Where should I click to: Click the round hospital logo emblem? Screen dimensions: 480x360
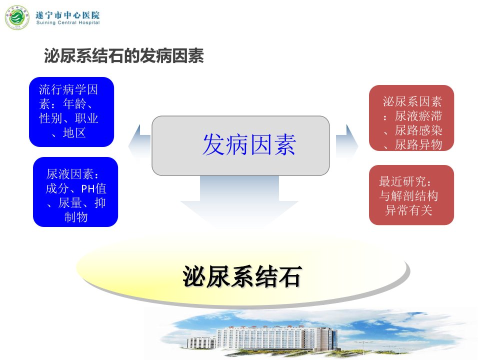click(17, 17)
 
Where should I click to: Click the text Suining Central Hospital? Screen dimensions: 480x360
click(68, 22)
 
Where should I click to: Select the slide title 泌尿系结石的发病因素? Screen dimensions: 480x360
click(124, 55)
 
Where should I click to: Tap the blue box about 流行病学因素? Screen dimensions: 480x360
click(71, 111)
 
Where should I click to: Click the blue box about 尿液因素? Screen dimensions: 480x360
click(75, 192)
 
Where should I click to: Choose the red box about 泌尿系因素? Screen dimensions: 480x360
click(411, 118)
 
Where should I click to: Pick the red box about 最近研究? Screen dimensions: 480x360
click(411, 195)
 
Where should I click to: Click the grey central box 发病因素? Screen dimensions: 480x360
click(240, 145)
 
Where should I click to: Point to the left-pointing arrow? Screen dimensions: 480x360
click(139, 143)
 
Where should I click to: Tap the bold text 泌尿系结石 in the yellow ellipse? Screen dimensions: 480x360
click(242, 276)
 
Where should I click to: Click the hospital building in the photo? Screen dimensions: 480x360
click(263, 338)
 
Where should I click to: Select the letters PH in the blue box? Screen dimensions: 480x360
click(88, 189)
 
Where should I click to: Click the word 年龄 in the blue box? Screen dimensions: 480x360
click(74, 104)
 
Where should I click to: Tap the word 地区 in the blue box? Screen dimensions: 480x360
click(74, 133)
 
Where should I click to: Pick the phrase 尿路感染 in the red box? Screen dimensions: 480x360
click(418, 130)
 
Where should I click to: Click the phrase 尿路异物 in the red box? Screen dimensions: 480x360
click(418, 144)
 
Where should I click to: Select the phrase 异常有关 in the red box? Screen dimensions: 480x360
click(408, 210)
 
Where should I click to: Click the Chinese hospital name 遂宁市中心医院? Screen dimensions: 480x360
click(67, 14)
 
